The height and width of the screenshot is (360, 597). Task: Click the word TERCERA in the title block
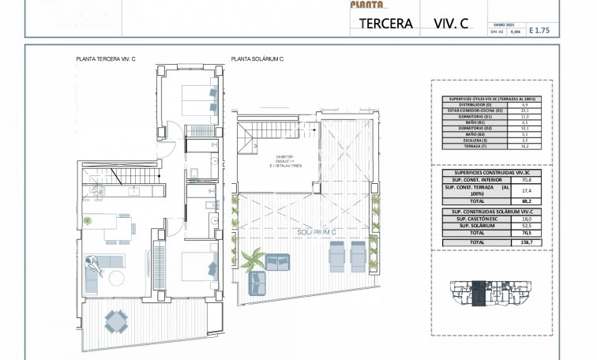pos(386,23)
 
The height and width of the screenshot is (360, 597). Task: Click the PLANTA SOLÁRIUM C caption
pos(257,59)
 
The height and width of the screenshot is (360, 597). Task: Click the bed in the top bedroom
pos(199,101)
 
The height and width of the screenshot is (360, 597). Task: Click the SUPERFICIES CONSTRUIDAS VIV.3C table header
pos(487,172)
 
